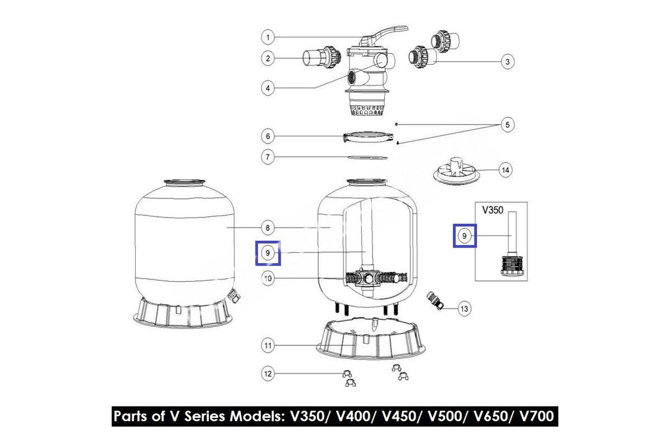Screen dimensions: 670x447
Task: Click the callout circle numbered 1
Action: click(267, 37)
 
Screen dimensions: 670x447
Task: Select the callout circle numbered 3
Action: click(508, 61)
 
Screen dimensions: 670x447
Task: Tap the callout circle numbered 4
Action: click(267, 88)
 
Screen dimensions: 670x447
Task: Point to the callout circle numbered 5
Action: click(508, 125)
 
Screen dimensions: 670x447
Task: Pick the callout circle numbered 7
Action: click(267, 157)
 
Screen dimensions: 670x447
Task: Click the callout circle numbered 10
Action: click(267, 278)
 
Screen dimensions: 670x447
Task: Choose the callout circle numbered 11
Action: click(267, 345)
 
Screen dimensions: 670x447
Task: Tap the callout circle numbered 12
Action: click(267, 373)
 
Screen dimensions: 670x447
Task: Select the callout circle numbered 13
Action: click(464, 308)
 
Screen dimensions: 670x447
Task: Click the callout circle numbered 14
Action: click(505, 170)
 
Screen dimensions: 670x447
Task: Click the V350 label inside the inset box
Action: click(492, 210)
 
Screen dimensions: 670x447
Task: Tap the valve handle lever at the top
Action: click(384, 35)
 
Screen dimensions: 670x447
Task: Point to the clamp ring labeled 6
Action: click(367, 137)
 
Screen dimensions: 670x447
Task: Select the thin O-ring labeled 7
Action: click(367, 158)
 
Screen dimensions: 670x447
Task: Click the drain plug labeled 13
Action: click(434, 300)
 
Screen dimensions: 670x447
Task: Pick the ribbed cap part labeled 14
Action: click(454, 170)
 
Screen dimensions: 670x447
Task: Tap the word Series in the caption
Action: click(204, 416)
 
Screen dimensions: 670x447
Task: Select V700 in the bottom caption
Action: click(537, 416)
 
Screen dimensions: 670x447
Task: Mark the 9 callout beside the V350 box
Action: click(464, 236)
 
